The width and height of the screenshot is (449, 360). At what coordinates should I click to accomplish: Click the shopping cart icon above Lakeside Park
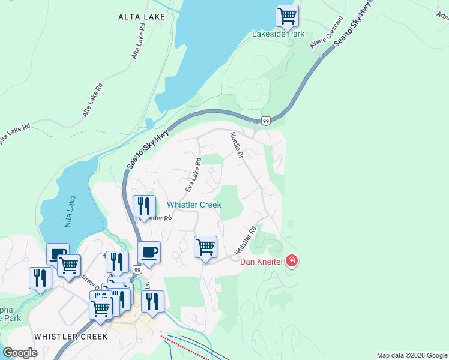coord(287,16)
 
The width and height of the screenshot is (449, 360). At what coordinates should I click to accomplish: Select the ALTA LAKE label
coord(142,17)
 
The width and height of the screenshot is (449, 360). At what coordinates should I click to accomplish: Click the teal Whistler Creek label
coord(194,205)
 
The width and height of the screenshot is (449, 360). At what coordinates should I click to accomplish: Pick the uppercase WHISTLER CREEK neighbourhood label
coord(71,336)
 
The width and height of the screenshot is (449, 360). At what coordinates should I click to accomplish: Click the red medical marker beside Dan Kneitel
coord(292,261)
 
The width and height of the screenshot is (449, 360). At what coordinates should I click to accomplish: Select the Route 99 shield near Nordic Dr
coord(266,121)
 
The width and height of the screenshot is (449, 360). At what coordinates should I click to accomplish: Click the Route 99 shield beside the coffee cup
coord(137,270)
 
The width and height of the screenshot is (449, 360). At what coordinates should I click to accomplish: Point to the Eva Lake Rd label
coord(193,175)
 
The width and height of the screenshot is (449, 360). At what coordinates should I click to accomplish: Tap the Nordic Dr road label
coord(236,146)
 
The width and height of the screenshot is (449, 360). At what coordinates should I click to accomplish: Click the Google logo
coord(20,353)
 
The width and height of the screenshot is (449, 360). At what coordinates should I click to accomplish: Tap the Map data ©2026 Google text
coord(412,355)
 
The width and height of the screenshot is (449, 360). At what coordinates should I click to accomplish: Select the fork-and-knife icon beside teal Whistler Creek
coord(144,206)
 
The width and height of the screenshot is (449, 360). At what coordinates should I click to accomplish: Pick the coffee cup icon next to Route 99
coord(149,252)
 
